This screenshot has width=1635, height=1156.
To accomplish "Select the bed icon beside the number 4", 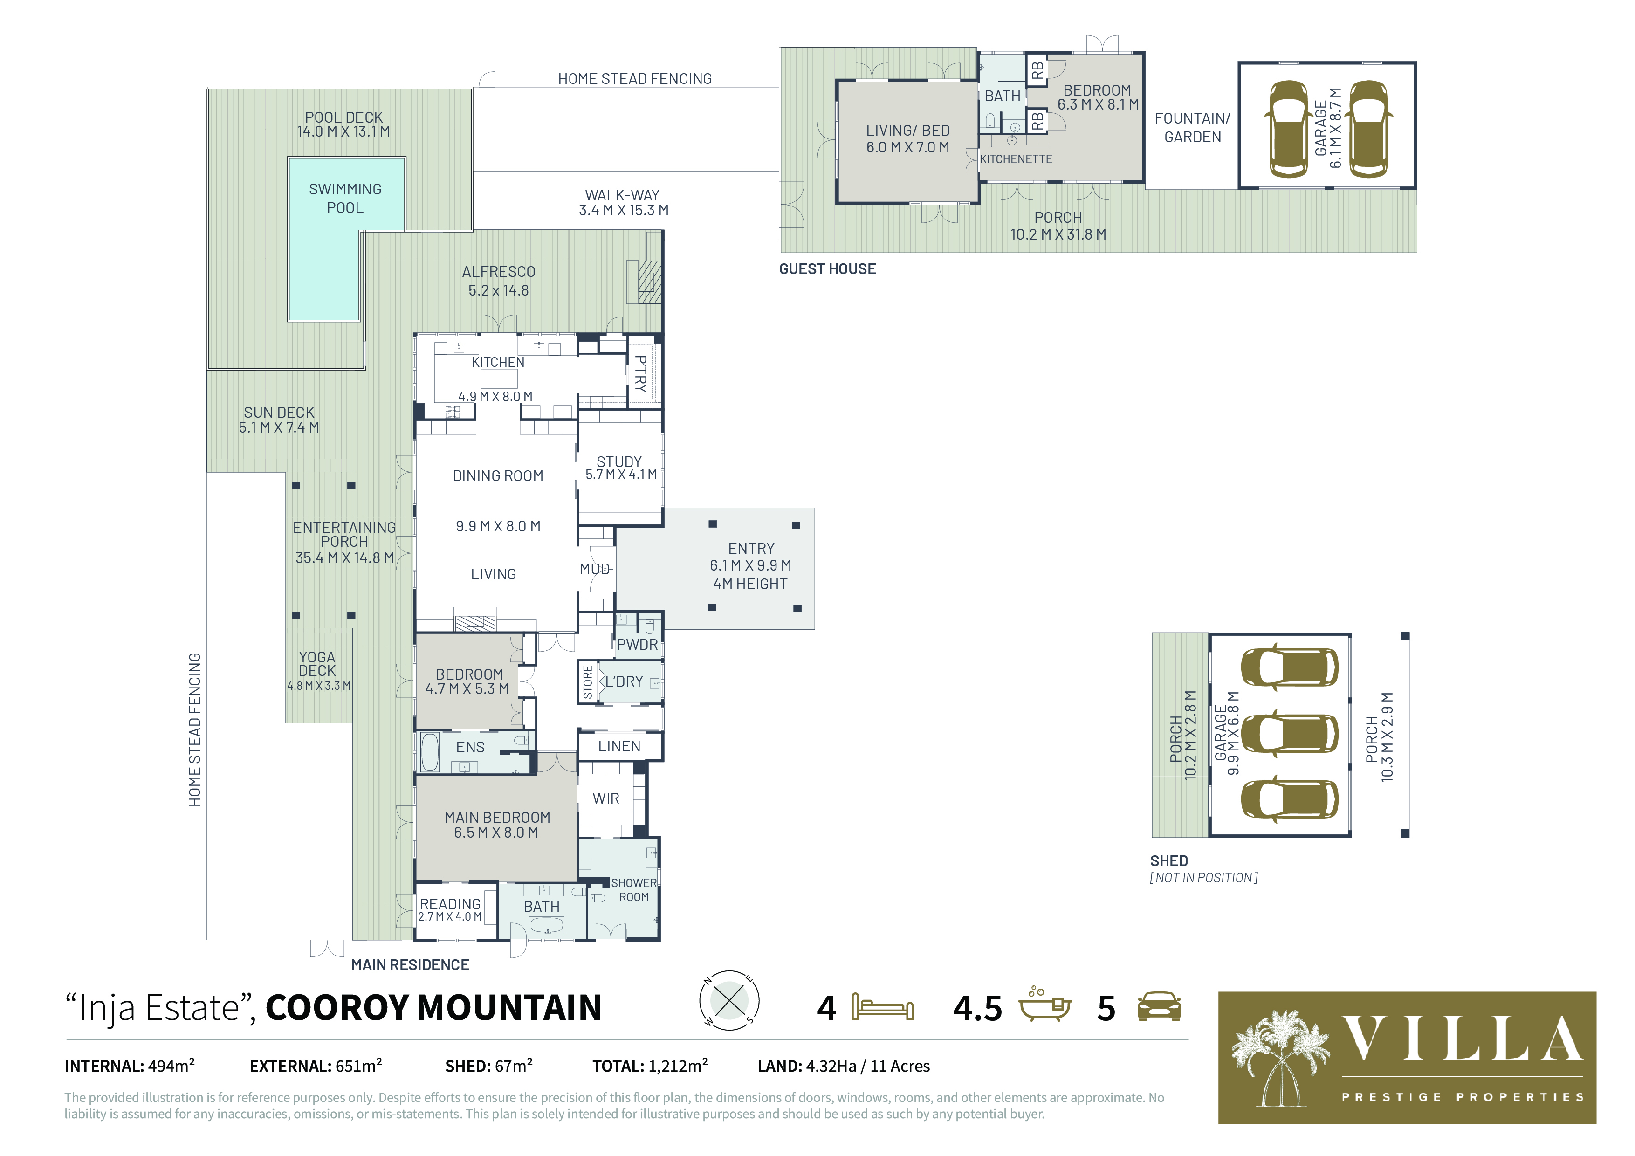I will click(x=882, y=1008).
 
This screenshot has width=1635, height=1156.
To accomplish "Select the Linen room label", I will click(x=619, y=746).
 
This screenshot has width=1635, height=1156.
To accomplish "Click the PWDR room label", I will click(x=637, y=645).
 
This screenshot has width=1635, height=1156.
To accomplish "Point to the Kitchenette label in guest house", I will click(x=1016, y=159).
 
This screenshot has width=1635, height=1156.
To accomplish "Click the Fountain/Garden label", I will click(x=1192, y=128).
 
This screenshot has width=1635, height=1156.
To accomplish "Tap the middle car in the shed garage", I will click(x=1289, y=734).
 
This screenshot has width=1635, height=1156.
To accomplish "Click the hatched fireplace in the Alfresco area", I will click(x=649, y=282).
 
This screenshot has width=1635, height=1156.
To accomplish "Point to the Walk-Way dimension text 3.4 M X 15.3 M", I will click(x=623, y=210).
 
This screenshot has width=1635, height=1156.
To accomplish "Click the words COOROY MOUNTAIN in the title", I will click(x=433, y=1007).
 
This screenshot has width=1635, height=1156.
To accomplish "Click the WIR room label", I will click(x=606, y=798).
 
